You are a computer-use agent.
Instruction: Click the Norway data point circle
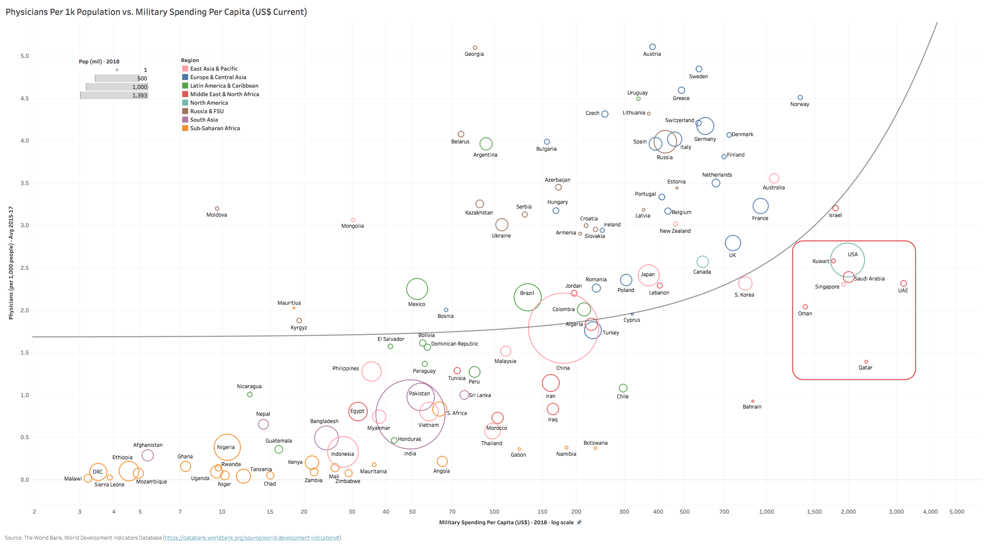[800, 97]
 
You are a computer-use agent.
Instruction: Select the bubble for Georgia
[475, 48]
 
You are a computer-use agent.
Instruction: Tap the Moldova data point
[217, 209]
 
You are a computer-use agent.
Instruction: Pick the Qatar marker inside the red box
[866, 362]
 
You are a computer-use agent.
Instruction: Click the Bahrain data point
[753, 401]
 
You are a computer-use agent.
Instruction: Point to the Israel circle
[835, 208]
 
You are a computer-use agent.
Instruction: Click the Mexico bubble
[417, 289]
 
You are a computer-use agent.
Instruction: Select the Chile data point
[623, 388]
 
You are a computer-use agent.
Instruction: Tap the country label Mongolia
[352, 226]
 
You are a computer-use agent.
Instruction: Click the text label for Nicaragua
[249, 386]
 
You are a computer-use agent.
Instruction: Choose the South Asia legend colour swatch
[185, 120]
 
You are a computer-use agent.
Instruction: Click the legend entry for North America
[209, 103]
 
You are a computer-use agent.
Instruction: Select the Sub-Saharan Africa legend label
[215, 128]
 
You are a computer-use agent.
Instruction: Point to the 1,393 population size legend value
[140, 95]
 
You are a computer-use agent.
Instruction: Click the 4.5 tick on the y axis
[25, 98]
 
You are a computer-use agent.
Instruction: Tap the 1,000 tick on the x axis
[766, 512]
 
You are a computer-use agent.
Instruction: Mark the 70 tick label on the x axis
[452, 512]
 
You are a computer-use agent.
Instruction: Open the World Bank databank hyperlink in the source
[252, 538]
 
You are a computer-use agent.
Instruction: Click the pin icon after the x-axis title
[579, 523]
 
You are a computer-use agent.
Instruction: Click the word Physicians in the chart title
[26, 12]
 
